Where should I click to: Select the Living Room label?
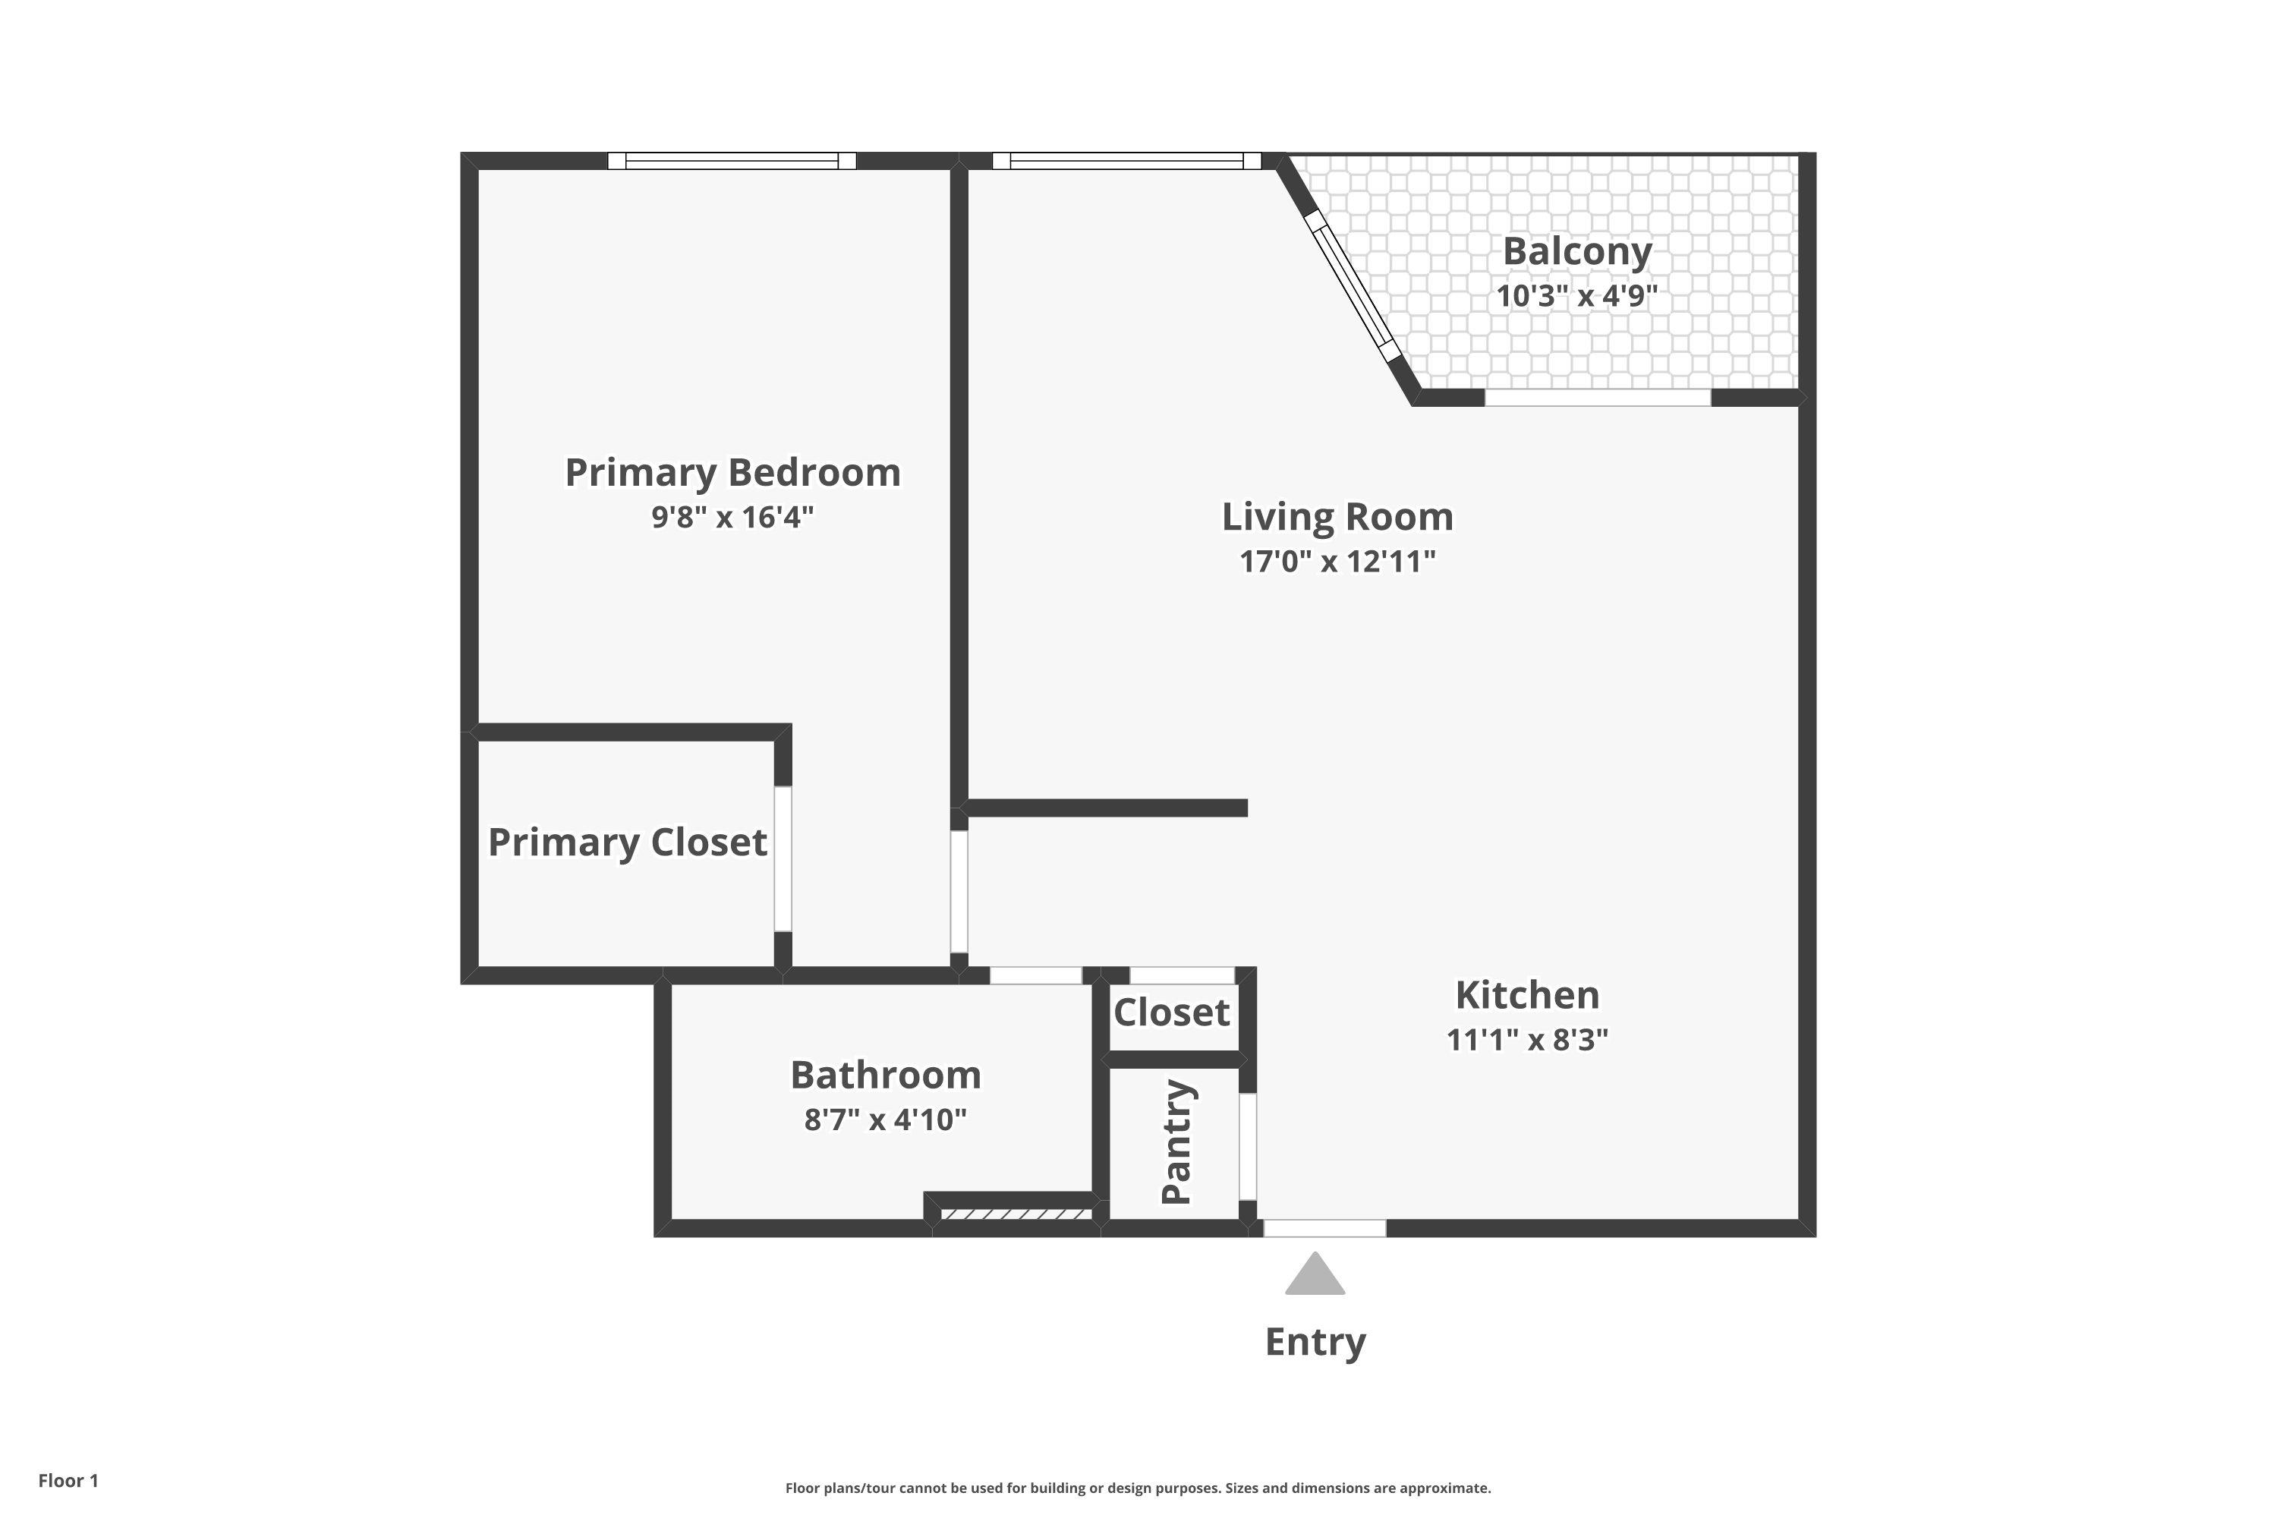pyautogui.click(x=1337, y=516)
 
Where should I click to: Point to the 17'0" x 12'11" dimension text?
pyautogui.click(x=1337, y=561)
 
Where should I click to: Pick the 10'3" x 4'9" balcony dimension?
pyautogui.click(x=1577, y=295)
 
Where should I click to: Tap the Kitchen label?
pyautogui.click(x=1526, y=994)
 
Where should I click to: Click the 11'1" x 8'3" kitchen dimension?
pyautogui.click(x=1526, y=1039)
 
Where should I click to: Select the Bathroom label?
pyautogui.click(x=885, y=1075)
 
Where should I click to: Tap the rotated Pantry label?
pyautogui.click(x=1176, y=1142)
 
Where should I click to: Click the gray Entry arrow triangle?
pyautogui.click(x=1315, y=1276)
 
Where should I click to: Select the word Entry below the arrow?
pyautogui.click(x=1315, y=1342)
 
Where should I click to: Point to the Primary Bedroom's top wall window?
pyautogui.click(x=732, y=161)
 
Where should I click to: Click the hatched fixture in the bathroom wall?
pyautogui.click(x=1016, y=1214)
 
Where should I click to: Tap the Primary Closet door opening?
pyautogui.click(x=783, y=858)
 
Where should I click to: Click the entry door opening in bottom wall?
pyautogui.click(x=1324, y=1229)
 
